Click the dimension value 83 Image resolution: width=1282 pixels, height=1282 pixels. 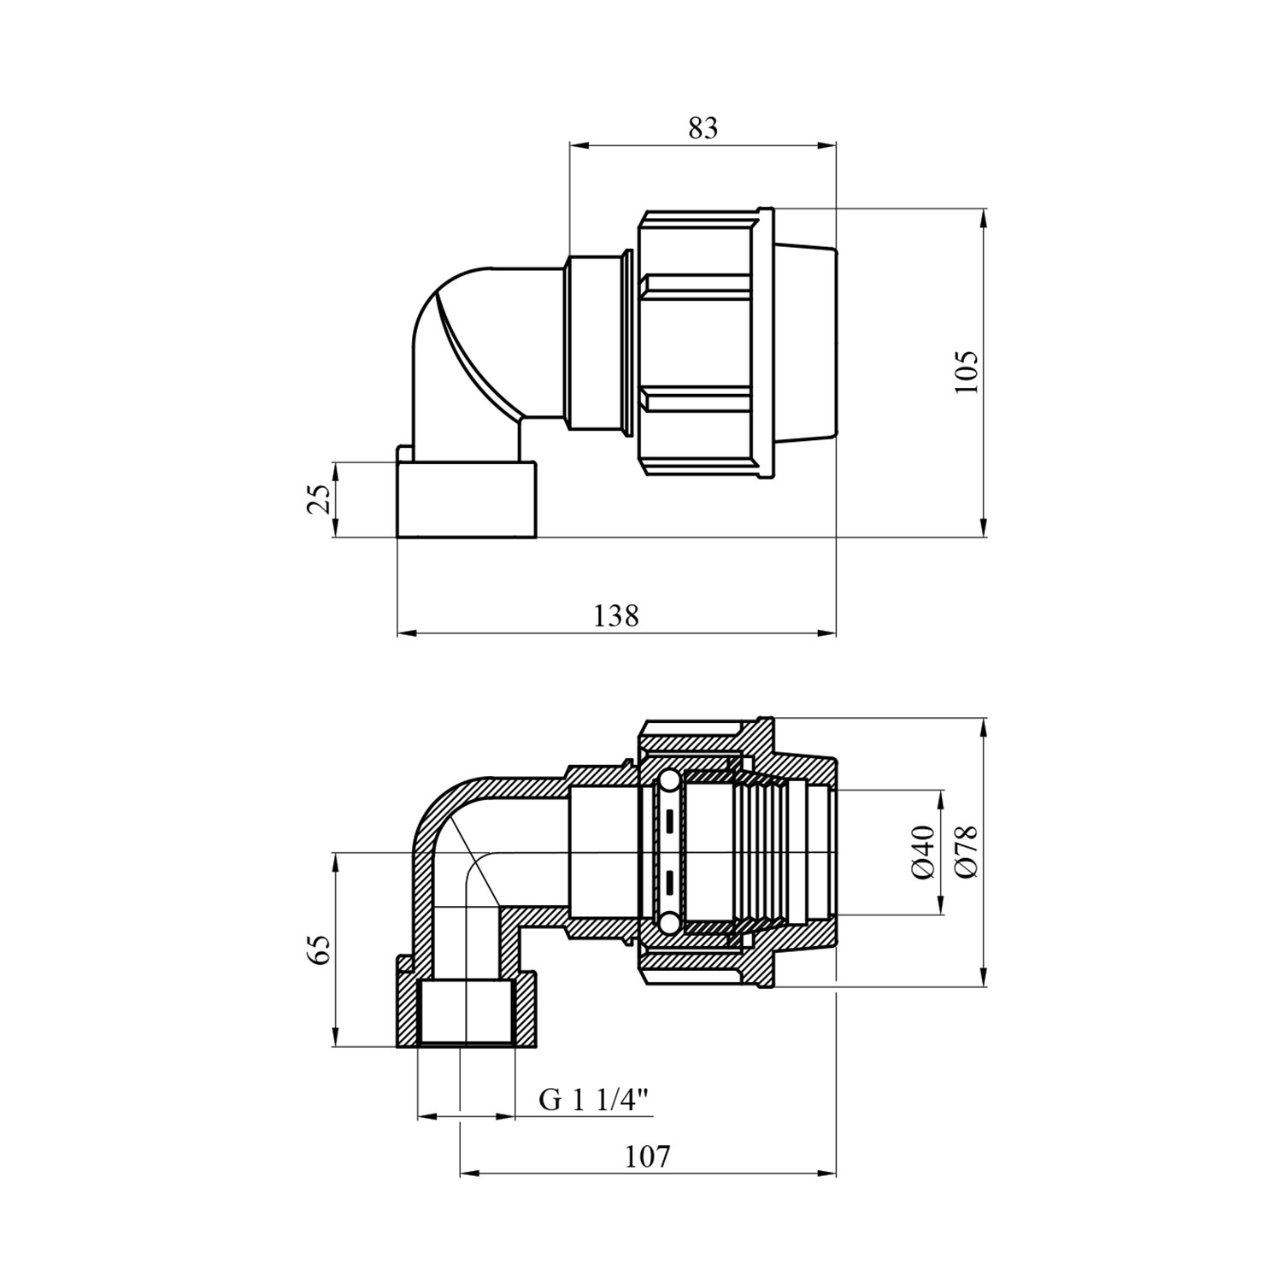point(703,128)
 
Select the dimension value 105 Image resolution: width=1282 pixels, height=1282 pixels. point(967,372)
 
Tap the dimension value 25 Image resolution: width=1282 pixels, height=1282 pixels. point(318,499)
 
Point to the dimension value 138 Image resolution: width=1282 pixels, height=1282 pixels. point(616,615)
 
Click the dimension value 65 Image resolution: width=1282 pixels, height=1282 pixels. point(318,950)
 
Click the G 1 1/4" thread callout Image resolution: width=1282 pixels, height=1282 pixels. point(595,1099)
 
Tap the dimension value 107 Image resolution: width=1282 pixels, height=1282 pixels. point(647,1156)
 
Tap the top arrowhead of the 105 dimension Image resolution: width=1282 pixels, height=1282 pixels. point(985,219)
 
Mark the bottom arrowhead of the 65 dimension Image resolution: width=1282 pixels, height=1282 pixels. point(336,1036)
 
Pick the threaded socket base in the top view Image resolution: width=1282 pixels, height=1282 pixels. point(467,499)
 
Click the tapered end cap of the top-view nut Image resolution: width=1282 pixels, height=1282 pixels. point(804,342)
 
